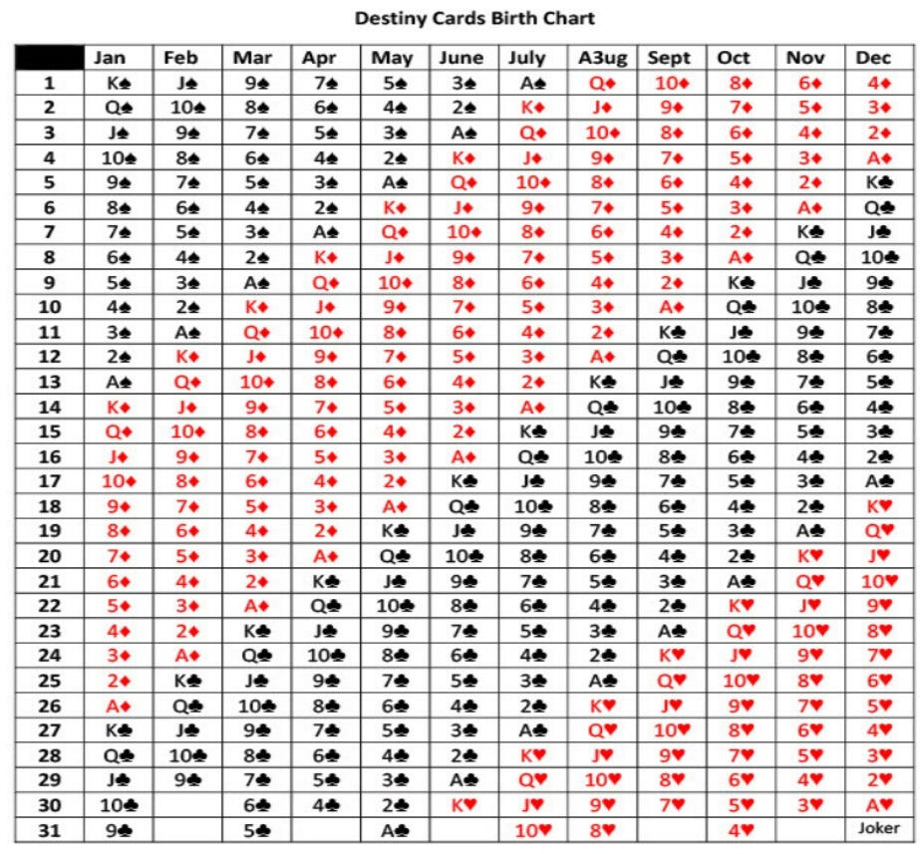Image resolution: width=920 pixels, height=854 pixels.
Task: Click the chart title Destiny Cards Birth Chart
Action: tap(474, 18)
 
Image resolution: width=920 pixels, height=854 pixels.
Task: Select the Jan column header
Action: tap(118, 58)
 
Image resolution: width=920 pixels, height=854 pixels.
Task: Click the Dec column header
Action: tap(873, 58)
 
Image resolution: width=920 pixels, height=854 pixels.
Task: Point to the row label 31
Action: tap(49, 828)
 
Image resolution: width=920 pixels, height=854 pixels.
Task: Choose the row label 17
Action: tap(49, 480)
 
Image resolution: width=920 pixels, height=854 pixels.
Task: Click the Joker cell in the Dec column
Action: tap(877, 828)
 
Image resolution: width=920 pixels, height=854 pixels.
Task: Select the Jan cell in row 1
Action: tap(118, 83)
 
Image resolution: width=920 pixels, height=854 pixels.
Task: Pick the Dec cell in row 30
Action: tap(873, 804)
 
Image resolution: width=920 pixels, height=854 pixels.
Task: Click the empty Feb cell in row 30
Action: tap(187, 804)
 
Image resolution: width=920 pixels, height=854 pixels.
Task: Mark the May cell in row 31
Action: tap(392, 828)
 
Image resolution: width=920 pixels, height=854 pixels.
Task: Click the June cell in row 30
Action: tap(460, 804)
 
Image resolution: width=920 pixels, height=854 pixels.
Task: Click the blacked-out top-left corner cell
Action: tap(49, 58)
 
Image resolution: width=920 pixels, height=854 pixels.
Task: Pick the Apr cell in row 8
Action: tap(323, 257)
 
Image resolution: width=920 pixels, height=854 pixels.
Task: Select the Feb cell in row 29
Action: tap(187, 779)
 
